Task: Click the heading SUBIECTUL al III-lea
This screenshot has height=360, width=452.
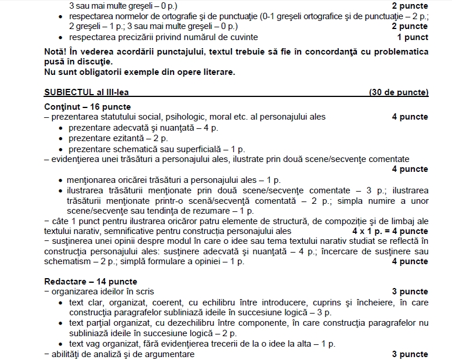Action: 85,92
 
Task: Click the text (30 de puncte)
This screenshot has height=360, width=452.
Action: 398,92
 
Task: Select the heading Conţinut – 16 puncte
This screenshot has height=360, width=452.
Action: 87,107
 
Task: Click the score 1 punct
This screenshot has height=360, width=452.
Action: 413,37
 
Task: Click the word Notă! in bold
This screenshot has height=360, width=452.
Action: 57,52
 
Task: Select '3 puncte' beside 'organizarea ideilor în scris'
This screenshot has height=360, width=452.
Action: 410,291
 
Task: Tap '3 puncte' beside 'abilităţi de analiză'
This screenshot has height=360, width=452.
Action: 410,354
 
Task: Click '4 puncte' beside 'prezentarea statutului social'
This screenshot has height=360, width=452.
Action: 410,117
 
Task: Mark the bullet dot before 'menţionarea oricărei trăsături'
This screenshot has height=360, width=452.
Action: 61,181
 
